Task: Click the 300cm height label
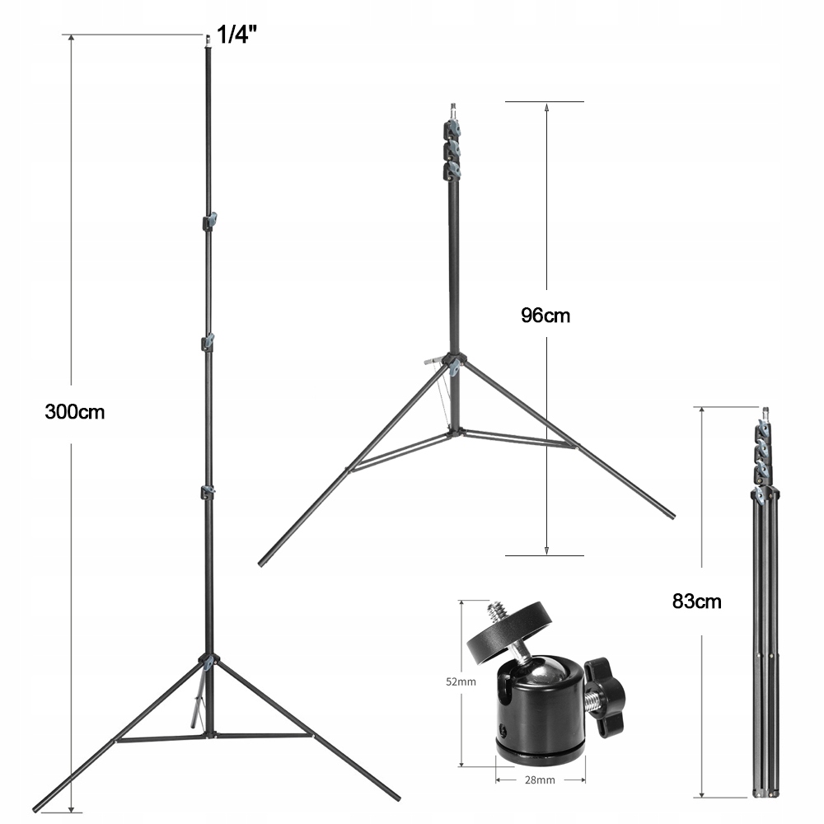tap(75, 411)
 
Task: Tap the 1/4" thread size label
tap(234, 35)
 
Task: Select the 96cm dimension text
tap(545, 315)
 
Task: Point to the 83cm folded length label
tap(696, 601)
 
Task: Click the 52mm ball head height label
tap(461, 681)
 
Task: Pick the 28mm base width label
tap(541, 778)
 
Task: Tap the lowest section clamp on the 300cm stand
tap(208, 492)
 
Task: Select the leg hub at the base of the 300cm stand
tap(208, 661)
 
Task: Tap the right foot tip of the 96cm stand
tap(672, 516)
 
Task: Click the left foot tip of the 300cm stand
tap(38, 803)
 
